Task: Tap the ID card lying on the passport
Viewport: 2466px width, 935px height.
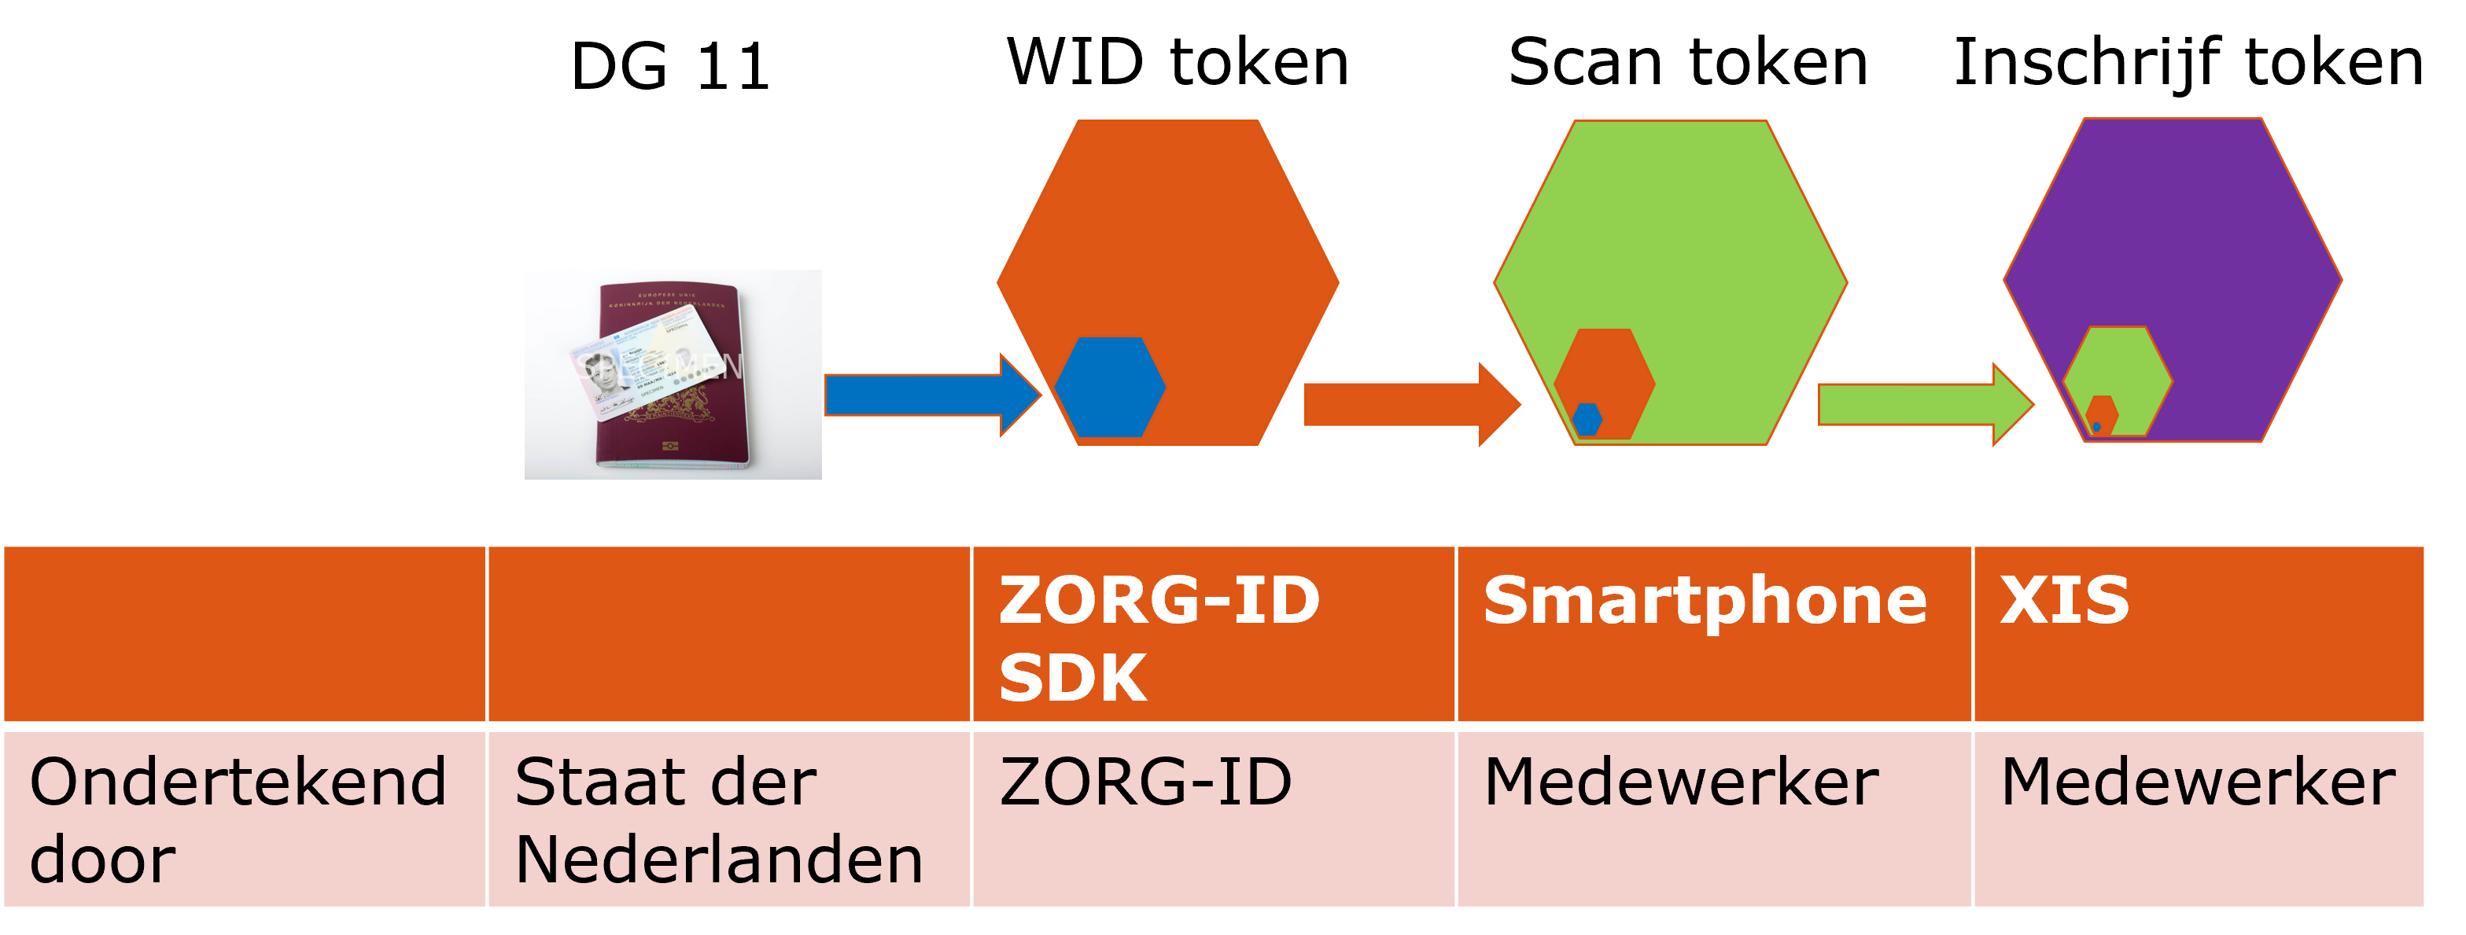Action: [x=651, y=369]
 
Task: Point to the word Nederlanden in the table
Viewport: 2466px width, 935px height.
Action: [x=718, y=860]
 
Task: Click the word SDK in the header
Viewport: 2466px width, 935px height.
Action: [x=1072, y=678]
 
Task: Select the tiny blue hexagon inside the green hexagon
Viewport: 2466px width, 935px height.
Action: [x=1587, y=418]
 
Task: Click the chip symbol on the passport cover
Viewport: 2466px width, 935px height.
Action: [x=670, y=445]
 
